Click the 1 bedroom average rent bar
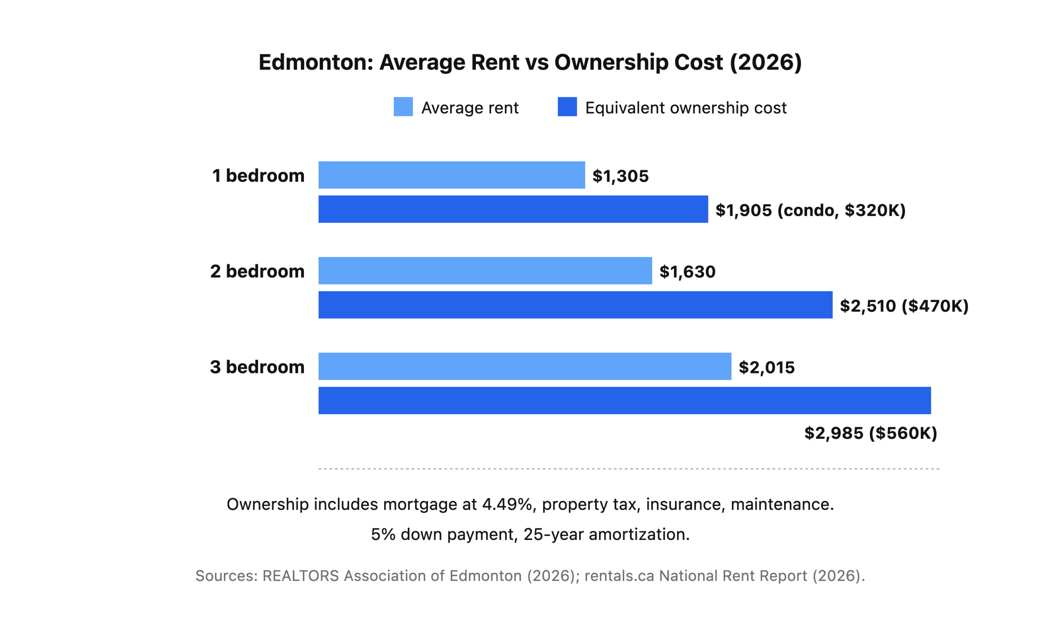451,175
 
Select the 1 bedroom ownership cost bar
513,209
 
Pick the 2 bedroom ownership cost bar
575,305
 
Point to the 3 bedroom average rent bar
525,366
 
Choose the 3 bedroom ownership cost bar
625,400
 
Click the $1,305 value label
620,176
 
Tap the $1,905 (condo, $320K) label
810,211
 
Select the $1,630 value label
687,272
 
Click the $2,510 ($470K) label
904,306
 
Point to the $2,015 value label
767,368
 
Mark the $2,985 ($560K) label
870,433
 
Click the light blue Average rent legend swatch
403,107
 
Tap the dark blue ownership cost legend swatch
567,107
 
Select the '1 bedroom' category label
258,176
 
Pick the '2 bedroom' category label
257,271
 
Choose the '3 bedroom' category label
257,367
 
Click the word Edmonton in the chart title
315,62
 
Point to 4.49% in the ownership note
507,504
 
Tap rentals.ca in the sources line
619,576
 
